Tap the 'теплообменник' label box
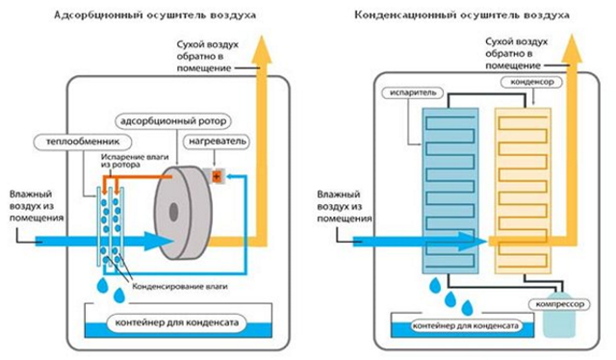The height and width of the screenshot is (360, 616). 70,142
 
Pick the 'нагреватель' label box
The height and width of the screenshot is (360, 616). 218,142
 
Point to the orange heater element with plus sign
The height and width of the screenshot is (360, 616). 218,176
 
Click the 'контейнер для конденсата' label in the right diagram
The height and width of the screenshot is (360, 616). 465,326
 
